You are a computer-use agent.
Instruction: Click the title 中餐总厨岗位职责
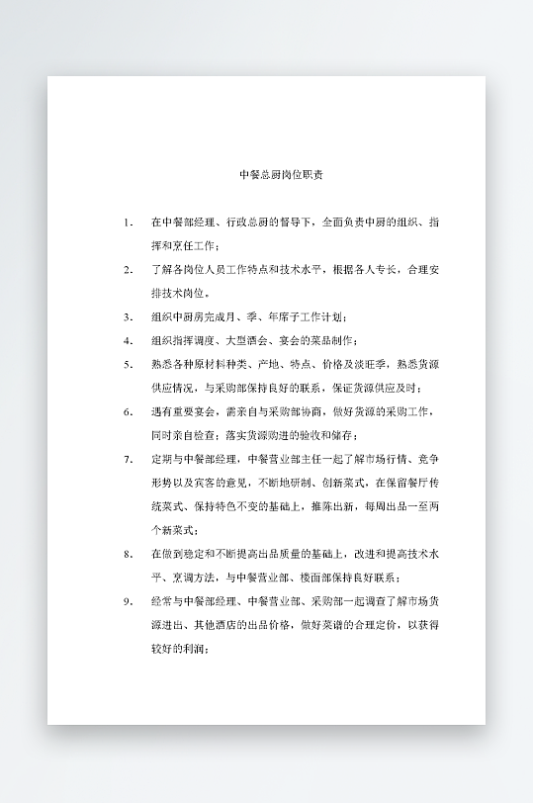281,175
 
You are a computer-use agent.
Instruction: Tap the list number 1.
128,222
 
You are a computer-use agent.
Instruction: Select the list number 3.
128,316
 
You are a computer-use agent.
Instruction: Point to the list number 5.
128,364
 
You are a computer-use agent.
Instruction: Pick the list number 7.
128,459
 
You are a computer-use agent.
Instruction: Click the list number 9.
128,600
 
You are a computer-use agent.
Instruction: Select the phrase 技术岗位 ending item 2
185,293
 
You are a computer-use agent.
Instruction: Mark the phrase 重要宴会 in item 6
185,411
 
